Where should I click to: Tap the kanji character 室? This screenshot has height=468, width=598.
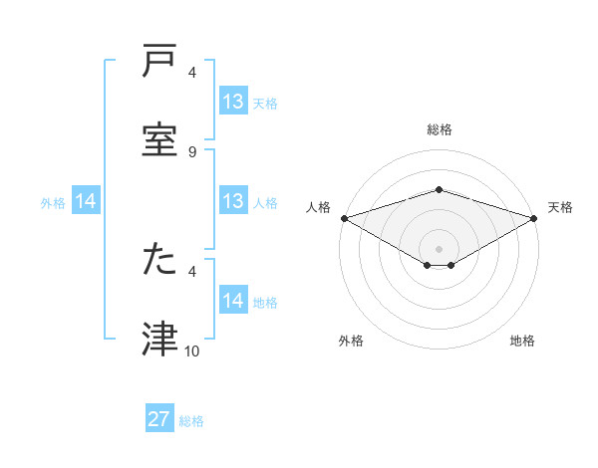(x=160, y=140)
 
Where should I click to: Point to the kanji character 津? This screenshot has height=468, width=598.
(x=160, y=340)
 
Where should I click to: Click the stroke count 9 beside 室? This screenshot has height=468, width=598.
(x=192, y=151)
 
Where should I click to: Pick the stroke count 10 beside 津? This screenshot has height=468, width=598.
(x=192, y=351)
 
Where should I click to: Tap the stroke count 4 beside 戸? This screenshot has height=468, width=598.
(x=192, y=73)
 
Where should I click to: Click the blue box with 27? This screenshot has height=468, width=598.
(x=159, y=419)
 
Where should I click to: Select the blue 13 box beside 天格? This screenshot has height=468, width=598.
(x=233, y=102)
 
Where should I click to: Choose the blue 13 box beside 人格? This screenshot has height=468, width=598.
(x=233, y=201)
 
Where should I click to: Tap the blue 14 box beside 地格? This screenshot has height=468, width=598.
(x=233, y=301)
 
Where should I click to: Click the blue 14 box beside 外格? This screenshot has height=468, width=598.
(x=86, y=201)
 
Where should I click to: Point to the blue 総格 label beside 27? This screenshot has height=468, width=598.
(x=192, y=421)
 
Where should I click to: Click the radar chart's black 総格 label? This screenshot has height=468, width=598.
(x=439, y=129)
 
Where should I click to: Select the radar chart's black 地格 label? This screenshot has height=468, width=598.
(x=522, y=341)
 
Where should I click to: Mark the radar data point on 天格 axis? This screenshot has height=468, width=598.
(x=535, y=217)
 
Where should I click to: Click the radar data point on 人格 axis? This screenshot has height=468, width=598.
(x=344, y=217)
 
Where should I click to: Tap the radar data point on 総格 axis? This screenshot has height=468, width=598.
(x=439, y=189)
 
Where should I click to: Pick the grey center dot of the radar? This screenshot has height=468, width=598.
(x=439, y=248)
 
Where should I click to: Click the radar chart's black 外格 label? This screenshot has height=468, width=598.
(x=351, y=341)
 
